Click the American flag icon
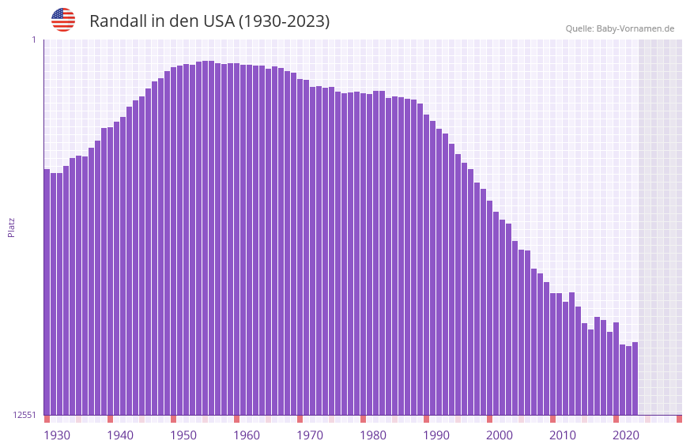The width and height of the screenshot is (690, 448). coord(63,20)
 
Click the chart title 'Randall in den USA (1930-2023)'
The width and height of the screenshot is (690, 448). coord(209,21)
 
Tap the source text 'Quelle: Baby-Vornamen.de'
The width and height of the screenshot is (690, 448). coord(620,28)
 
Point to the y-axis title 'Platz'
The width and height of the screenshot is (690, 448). coord(11,228)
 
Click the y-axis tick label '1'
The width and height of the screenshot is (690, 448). coord(33,40)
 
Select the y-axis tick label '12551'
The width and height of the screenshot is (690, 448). coord(25,415)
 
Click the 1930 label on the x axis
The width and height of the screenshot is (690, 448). coord(57,435)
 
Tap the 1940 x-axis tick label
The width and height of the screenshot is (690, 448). coord(120,435)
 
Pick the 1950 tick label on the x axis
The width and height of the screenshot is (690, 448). coord(183,435)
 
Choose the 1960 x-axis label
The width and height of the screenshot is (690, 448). coord(247,435)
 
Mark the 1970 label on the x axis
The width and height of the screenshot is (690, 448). coord(310,435)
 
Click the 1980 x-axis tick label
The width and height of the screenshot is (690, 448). coord(373,435)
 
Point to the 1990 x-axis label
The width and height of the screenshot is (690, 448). coord(436,435)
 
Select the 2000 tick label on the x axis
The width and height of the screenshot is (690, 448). coord(500,435)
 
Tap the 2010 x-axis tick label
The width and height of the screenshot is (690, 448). coord(563,435)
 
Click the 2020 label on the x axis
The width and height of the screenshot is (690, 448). coord(626,435)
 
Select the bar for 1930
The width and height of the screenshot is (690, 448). coord(47,292)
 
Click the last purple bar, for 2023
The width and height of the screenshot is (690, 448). coord(635,378)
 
